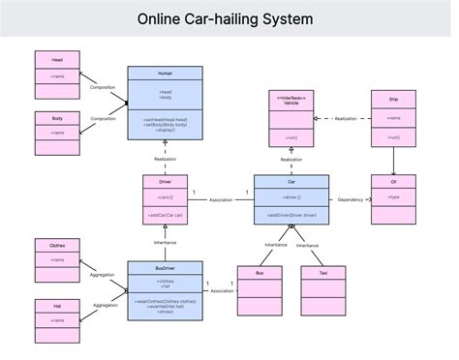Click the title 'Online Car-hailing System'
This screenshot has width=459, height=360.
(225, 18)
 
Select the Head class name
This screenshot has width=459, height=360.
(57, 59)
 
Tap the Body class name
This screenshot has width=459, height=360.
(57, 117)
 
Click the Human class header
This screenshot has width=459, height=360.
(165, 73)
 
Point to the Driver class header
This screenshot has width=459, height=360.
(165, 180)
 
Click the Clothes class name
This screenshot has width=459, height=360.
(57, 245)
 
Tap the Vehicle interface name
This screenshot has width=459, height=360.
(291, 103)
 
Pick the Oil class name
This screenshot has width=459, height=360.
(394, 180)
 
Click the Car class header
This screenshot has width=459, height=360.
(291, 180)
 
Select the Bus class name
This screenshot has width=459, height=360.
(260, 273)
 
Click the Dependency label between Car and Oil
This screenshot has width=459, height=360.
(350, 199)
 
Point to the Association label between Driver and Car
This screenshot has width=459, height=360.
(221, 200)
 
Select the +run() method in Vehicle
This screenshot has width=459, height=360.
(291, 137)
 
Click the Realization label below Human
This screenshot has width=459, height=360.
(165, 159)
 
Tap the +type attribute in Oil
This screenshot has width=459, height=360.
(394, 196)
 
